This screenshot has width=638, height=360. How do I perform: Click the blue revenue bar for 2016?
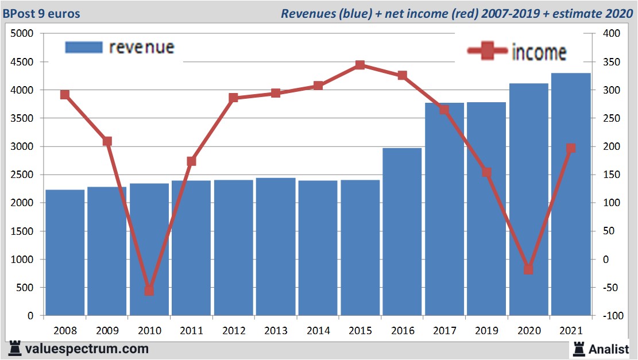pos(402,232)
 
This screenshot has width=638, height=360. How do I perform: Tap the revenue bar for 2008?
pos(65,253)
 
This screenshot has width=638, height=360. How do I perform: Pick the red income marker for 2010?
pos(149,291)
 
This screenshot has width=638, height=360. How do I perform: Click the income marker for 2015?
pos(360,65)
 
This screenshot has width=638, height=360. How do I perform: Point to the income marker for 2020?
pos(529,269)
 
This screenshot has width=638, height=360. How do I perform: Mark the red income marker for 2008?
pos(65,95)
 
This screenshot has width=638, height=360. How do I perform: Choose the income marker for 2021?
pos(571,149)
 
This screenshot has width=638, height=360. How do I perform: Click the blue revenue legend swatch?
pos(84,47)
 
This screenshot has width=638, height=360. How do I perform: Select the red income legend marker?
pos(488,51)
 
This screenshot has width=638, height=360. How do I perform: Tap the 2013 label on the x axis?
pos(276,331)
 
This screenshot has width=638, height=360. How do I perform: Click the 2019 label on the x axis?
pos(486,331)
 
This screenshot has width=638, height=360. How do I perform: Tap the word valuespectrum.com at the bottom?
pos(87,349)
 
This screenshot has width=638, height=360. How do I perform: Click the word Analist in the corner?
pos(609,349)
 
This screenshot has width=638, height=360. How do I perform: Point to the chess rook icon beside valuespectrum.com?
pos(15,348)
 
